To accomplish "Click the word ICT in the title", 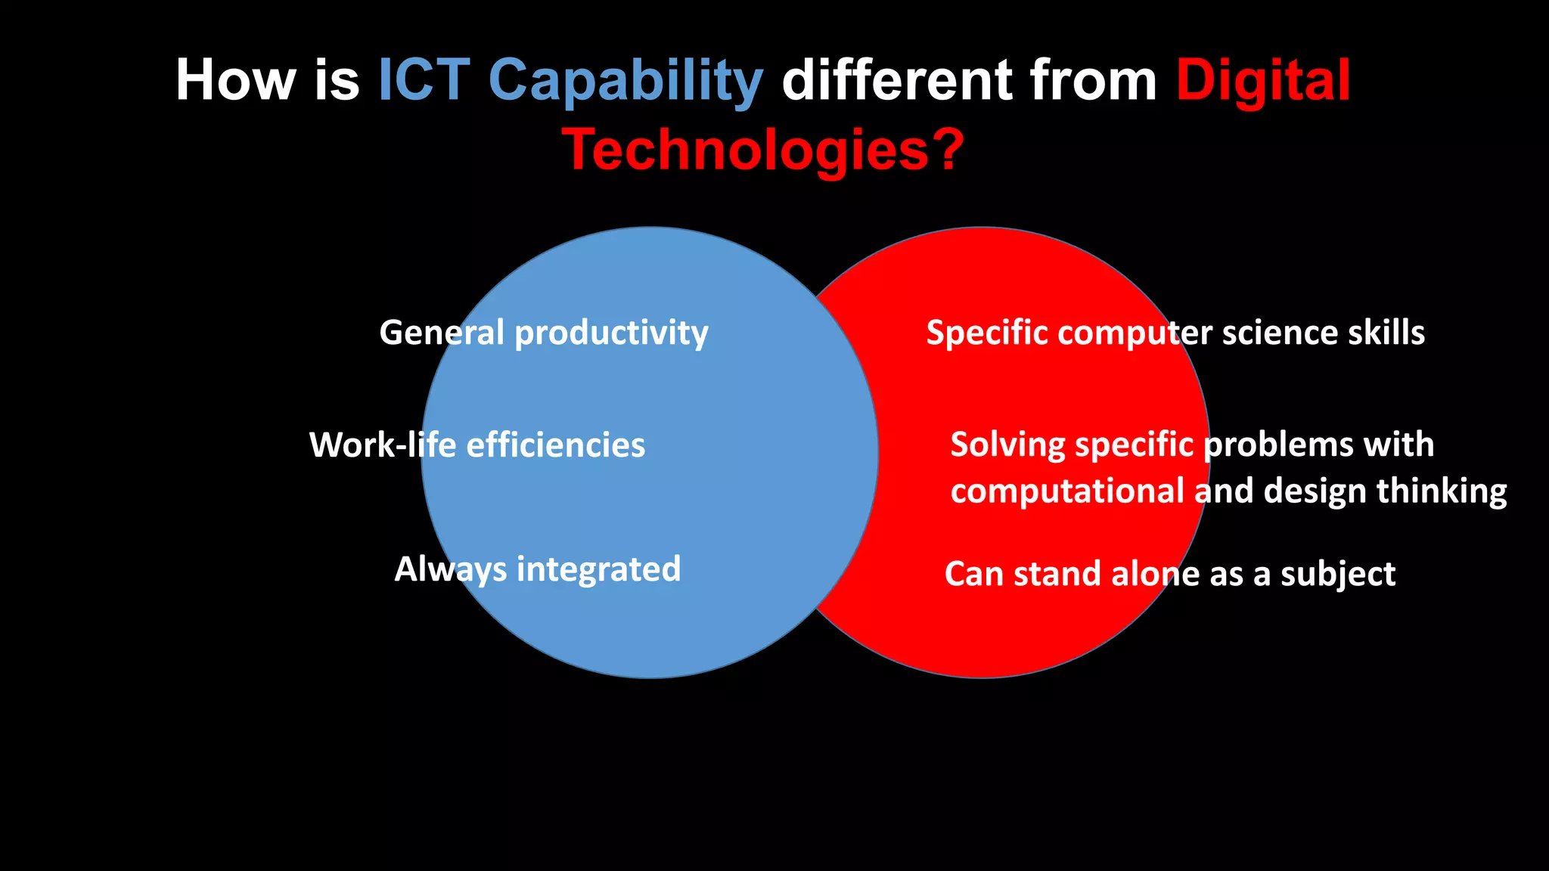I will [424, 80].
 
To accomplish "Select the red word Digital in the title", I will [1262, 80].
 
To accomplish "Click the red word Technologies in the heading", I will [745, 150].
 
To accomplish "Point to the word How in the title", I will [236, 80].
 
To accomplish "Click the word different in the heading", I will [896, 80].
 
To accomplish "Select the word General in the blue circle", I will [441, 333].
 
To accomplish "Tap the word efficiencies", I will [555, 445].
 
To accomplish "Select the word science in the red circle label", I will [1280, 333].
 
